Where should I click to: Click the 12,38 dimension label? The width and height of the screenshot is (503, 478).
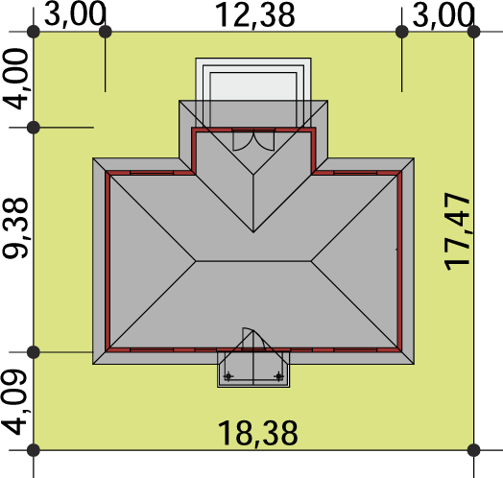pos(255,16)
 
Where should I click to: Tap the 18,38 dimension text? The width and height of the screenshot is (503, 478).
pos(257,434)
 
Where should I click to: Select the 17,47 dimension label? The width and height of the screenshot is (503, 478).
pos(456,231)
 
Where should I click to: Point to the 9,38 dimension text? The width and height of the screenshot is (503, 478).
pos(15,227)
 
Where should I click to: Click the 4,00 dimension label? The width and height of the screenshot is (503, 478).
pos(15,79)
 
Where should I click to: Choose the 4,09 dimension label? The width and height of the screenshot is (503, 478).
pos(14,402)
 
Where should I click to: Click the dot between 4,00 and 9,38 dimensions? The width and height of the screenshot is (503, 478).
pos(34,128)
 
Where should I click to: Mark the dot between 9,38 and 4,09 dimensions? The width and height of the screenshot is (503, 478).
pos(34,352)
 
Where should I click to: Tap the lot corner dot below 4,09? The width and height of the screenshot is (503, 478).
pos(34,450)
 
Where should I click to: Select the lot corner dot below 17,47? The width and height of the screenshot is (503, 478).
pos(474,450)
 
